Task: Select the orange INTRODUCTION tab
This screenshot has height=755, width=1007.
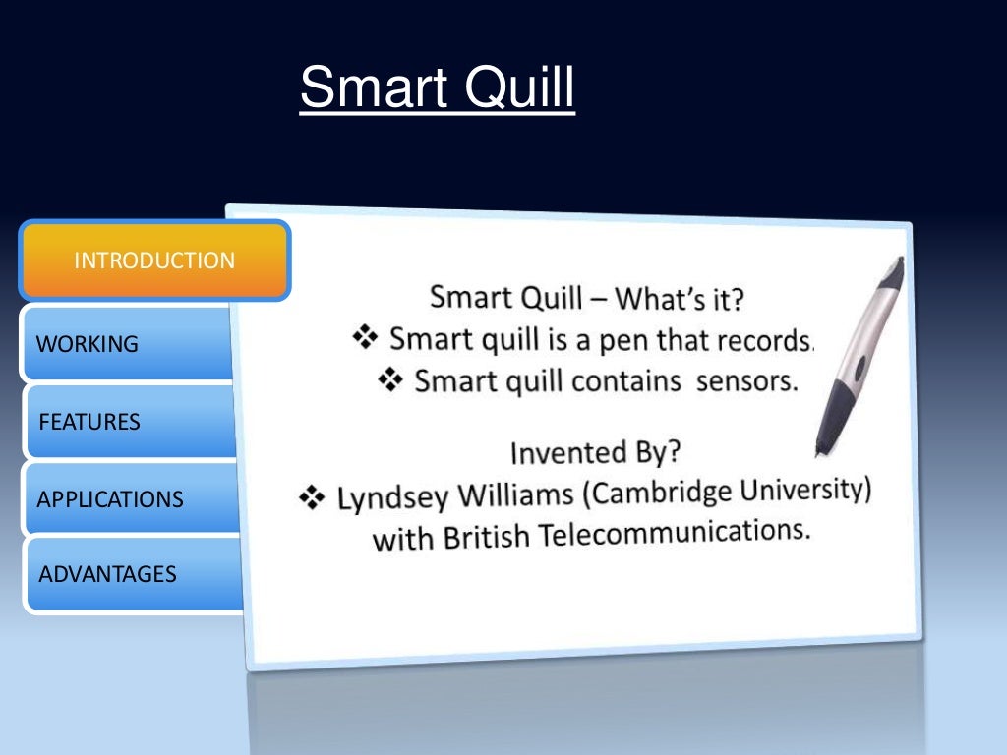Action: [154, 261]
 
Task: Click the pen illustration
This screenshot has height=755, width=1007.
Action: [859, 354]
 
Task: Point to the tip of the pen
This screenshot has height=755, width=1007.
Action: [819, 453]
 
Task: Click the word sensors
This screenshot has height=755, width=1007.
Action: [746, 380]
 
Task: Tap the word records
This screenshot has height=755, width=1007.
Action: [767, 339]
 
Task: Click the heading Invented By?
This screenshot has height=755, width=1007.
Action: [595, 452]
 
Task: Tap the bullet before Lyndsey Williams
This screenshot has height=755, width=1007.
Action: [312, 499]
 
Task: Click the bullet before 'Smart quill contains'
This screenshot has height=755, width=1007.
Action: [390, 380]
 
